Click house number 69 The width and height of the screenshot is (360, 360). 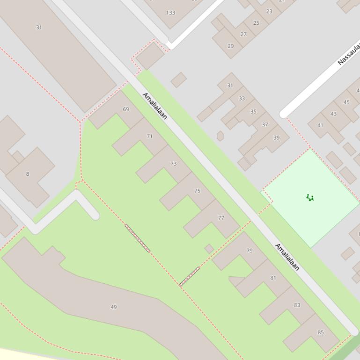coord(126,109)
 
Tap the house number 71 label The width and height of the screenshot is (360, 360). coord(150,137)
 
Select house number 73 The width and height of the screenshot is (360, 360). coord(174,164)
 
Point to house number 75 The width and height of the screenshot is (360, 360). coord(197,191)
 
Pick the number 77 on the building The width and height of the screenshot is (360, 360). coord(221,218)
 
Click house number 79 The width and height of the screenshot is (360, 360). coord(250,251)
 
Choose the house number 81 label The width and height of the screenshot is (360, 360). coord(273,278)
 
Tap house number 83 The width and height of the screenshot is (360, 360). coord(297,305)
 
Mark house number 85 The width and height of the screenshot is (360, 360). coord(321,332)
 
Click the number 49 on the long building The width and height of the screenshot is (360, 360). coord(114,307)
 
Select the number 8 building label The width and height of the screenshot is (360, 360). coord(27,174)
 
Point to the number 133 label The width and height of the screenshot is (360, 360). coord(170,13)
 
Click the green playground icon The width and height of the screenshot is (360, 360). coord(310,198)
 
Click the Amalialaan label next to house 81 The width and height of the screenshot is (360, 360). coord(287,257)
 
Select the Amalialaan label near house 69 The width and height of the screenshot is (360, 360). coord(155,106)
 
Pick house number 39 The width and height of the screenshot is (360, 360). coord(276,137)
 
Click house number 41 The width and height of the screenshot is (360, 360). coord(320,125)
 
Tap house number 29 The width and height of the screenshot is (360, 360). coord(230,46)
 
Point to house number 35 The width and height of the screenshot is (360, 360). coord(253,112)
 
